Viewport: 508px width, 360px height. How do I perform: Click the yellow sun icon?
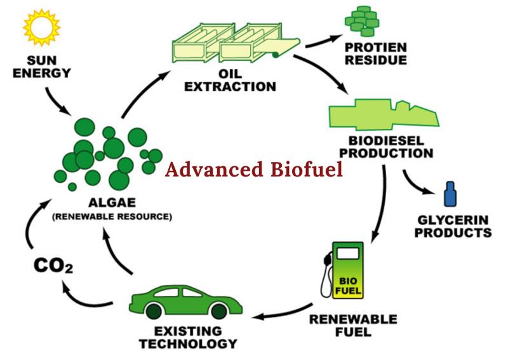tap(41, 27)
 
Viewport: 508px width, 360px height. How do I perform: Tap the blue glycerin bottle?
tap(450, 194)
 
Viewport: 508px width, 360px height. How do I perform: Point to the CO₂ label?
tap(53, 266)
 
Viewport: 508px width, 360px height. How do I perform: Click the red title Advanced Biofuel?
tap(253, 169)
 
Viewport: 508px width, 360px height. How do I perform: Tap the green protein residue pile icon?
tap(362, 22)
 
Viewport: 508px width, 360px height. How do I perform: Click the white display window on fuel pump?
tap(348, 253)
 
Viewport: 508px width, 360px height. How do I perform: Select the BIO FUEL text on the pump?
tap(348, 286)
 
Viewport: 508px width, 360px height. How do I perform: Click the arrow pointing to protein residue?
tap(323, 41)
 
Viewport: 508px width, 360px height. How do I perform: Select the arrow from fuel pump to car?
tap(282, 312)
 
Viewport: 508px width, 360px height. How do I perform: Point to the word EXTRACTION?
tap(230, 87)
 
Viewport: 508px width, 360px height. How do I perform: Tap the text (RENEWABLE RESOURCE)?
tap(112, 217)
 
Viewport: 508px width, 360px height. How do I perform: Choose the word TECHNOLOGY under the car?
tap(188, 343)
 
